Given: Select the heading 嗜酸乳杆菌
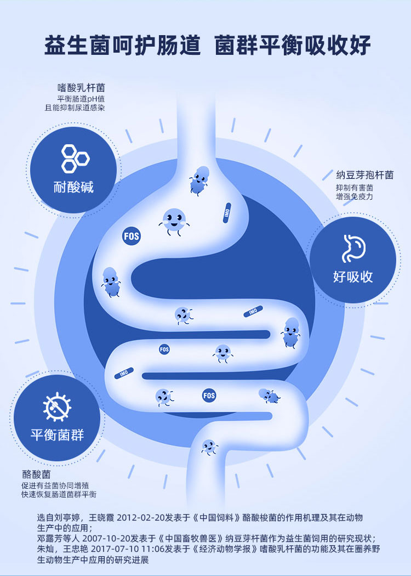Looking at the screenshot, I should [82, 88].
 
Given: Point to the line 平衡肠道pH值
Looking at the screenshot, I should [81, 98].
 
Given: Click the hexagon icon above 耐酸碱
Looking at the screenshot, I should [75, 158].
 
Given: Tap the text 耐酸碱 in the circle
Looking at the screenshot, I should [74, 187].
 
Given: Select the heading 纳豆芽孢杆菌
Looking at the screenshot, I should [364, 176].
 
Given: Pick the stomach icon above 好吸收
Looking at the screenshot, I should [353, 249].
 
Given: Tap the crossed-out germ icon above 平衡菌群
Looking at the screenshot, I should [58, 406].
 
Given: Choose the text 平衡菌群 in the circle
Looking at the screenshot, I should [57, 436].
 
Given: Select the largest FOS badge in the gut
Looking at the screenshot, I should [131, 236].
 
